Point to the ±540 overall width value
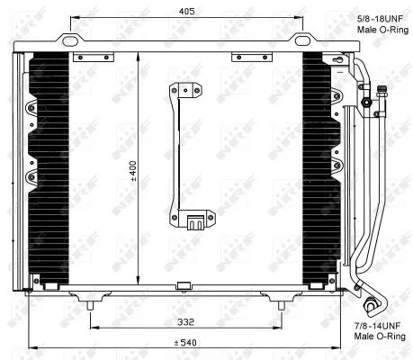pyautogui.click(x=187, y=342)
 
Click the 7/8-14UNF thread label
pyautogui.click(x=376, y=322)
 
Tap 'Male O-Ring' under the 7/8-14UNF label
pyautogui.click(x=376, y=335)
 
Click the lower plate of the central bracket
pyautogui.click(x=197, y=219)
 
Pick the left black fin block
pyautogui.click(x=50, y=167)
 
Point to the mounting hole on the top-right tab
pyautogui.click(x=302, y=40)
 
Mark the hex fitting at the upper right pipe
pyautogui.click(x=367, y=102)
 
